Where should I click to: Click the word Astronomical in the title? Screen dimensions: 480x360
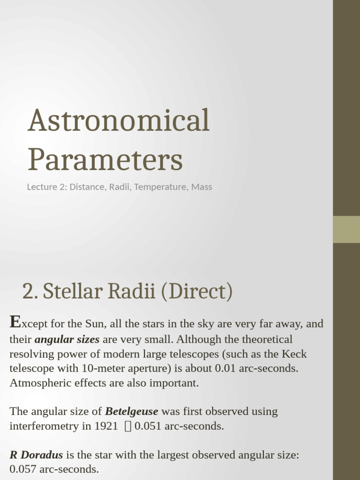point(118,120)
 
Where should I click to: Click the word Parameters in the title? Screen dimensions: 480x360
point(105,159)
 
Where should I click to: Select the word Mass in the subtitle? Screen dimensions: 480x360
point(202,187)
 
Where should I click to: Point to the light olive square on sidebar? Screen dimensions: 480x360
point(346,229)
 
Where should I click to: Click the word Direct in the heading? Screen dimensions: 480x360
point(196,292)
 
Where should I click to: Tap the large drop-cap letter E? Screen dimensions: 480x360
point(15,322)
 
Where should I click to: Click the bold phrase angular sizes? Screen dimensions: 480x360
point(67,339)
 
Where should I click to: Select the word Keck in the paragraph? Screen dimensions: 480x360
point(294,354)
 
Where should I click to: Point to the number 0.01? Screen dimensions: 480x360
point(225,368)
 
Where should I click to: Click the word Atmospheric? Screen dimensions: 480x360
point(39,383)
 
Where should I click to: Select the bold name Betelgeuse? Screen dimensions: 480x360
point(132,412)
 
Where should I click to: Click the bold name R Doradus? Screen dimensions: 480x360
point(36,455)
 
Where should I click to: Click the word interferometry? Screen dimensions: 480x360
point(40,426)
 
